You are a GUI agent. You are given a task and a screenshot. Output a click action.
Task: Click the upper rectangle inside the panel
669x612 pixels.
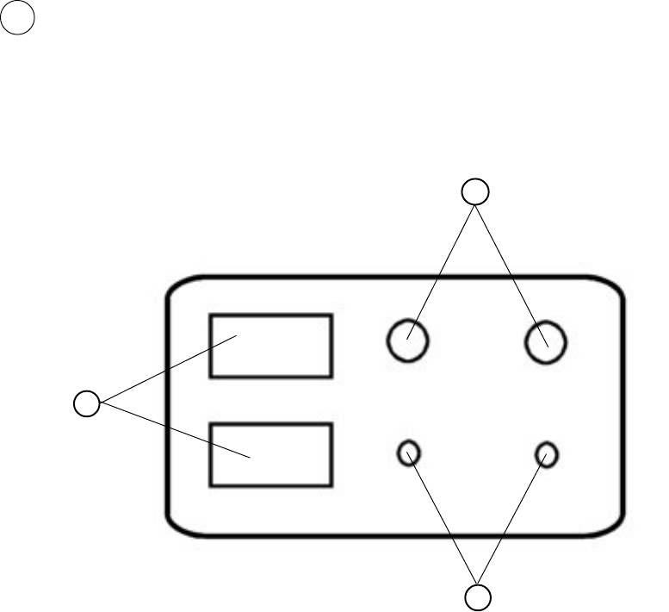click(x=271, y=346)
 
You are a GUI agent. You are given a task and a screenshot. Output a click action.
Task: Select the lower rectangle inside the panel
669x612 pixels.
click(x=271, y=454)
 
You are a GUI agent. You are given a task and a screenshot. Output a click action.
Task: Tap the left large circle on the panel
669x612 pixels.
click(x=408, y=341)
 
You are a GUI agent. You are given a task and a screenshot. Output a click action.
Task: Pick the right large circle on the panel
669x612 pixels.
click(x=546, y=342)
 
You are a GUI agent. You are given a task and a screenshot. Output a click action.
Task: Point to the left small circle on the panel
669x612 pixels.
click(x=409, y=453)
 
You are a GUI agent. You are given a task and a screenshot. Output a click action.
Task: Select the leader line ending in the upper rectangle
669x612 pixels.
click(x=168, y=371)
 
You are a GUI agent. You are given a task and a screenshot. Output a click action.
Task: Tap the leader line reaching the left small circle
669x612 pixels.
click(x=443, y=517)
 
